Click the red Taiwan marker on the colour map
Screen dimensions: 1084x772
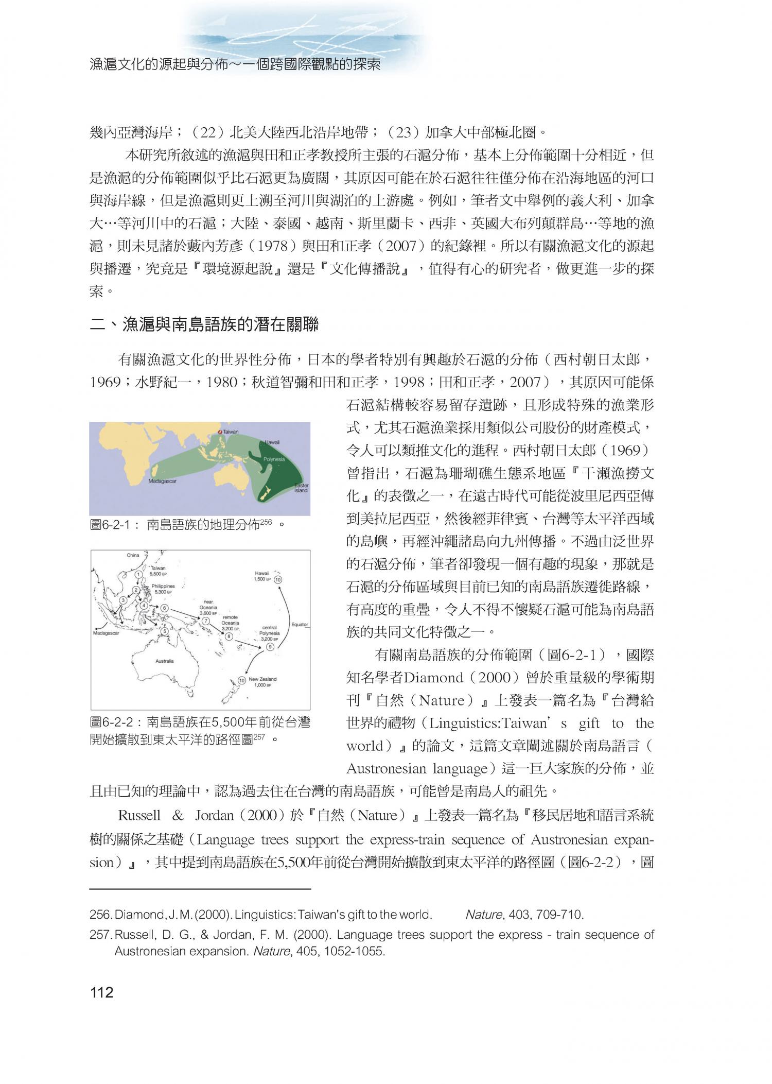[x=220, y=431]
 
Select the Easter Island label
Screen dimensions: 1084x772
[x=301, y=488]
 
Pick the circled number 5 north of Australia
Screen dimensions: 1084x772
[x=164, y=631]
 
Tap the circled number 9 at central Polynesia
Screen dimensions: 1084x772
[x=270, y=647]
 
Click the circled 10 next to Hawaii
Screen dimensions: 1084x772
[x=278, y=579]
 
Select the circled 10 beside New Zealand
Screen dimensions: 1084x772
[x=241, y=680]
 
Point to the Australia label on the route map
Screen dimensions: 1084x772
[x=164, y=661]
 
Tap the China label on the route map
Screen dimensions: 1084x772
[x=133, y=555]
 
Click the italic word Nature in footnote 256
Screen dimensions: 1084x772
[x=476, y=915]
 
